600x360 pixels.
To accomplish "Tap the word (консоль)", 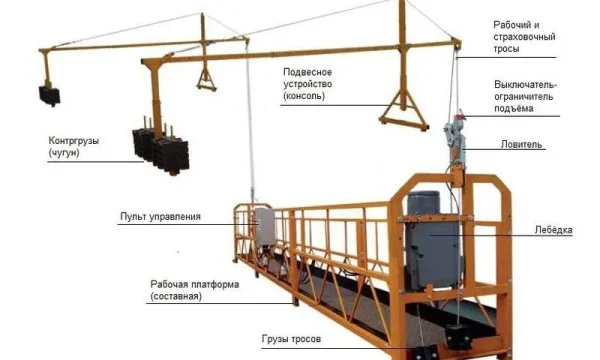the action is click(304, 97).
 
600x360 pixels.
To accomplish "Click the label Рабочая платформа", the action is click(195, 283).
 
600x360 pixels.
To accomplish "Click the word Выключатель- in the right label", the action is click(525, 85).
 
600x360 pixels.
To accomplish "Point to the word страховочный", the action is click(525, 37).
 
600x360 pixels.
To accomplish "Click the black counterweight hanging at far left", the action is click(49, 94).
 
